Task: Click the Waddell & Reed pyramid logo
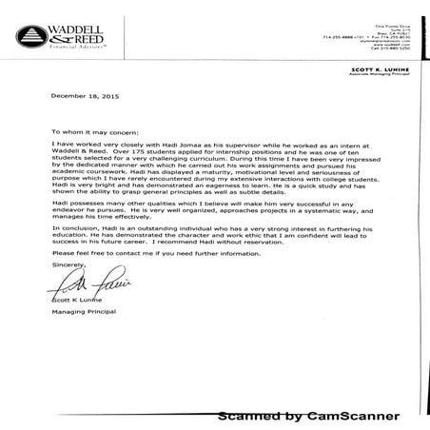pyautogui.click(x=29, y=37)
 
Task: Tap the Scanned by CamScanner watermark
pyautogui.click(x=309, y=416)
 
